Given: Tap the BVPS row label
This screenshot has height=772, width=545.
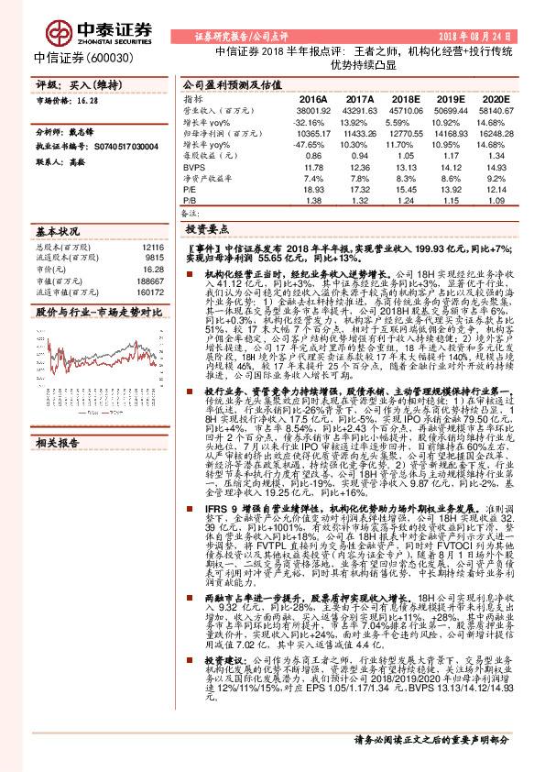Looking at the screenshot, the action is (x=192, y=168).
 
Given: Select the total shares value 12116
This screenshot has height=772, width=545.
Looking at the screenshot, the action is (x=152, y=248).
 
